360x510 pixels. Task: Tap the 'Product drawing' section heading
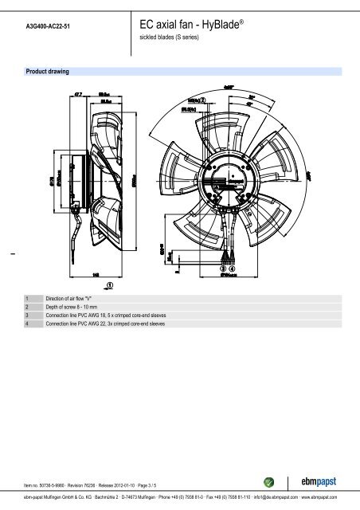tap(47, 72)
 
